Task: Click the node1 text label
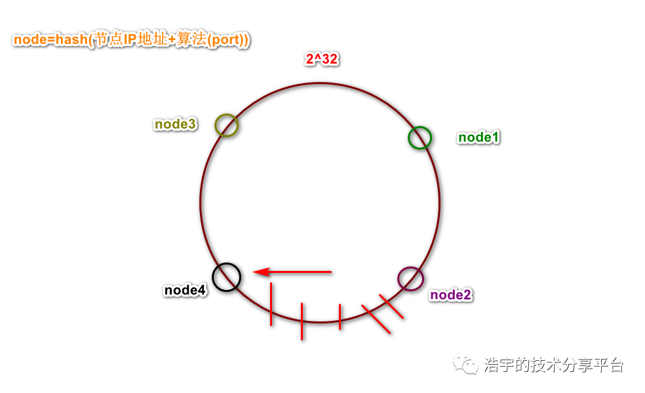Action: [x=479, y=137]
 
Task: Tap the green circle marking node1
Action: [x=420, y=138]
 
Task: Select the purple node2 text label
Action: [x=450, y=295]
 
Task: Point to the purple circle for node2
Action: [x=410, y=278]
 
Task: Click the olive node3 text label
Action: [x=175, y=124]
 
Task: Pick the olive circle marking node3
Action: [x=226, y=125]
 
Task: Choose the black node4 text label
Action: [x=185, y=289]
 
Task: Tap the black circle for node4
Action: [x=227, y=277]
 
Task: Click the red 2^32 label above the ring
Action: [x=321, y=60]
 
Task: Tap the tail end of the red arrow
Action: [x=330, y=272]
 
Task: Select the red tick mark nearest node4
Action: [x=271, y=304]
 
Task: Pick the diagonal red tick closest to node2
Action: [x=391, y=306]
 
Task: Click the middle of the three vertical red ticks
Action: [x=302, y=321]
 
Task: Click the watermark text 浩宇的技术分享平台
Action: [x=554, y=365]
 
